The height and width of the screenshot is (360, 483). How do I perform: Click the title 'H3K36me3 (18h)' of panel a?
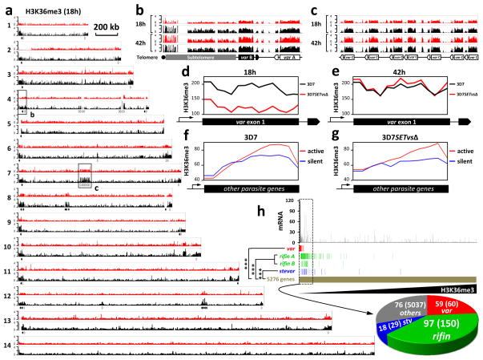coord(45,8)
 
